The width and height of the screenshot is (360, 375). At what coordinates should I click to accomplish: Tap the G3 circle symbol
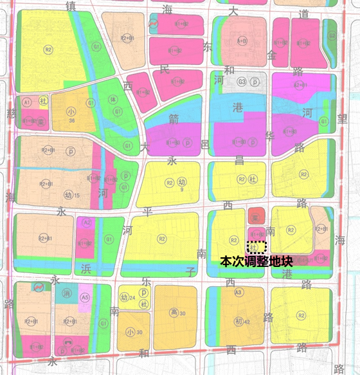pos(242,82)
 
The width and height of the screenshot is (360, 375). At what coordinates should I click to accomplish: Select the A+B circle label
pos(242,40)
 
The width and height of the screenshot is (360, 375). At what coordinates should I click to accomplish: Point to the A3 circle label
pos(238,293)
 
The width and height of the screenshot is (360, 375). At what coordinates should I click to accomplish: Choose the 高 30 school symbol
pos(175,313)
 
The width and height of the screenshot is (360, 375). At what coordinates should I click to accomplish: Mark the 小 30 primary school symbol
pos(132,332)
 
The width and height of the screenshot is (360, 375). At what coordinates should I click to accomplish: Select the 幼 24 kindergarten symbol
pos(125,297)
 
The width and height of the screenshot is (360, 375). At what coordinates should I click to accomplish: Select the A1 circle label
pos(27,102)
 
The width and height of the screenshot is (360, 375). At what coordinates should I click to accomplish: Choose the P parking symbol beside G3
pos(255,82)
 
